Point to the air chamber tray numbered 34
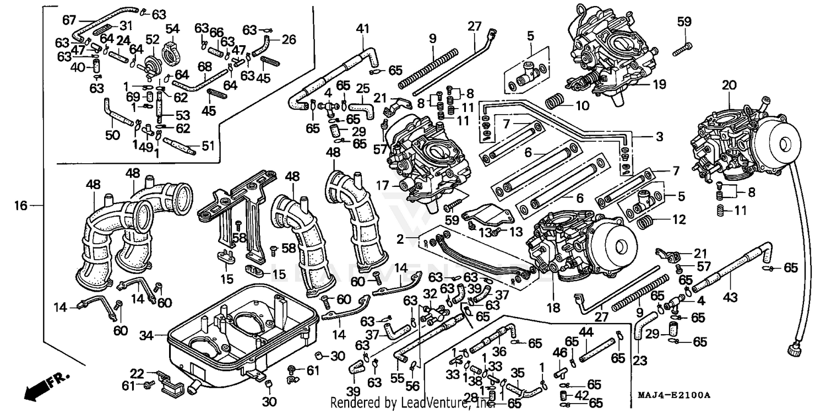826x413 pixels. tap(242, 331)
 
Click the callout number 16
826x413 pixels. tap(20, 206)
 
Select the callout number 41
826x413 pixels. tap(361, 28)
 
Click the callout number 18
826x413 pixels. tap(553, 308)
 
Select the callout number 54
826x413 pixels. tap(172, 28)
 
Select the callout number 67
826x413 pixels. tap(69, 20)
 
